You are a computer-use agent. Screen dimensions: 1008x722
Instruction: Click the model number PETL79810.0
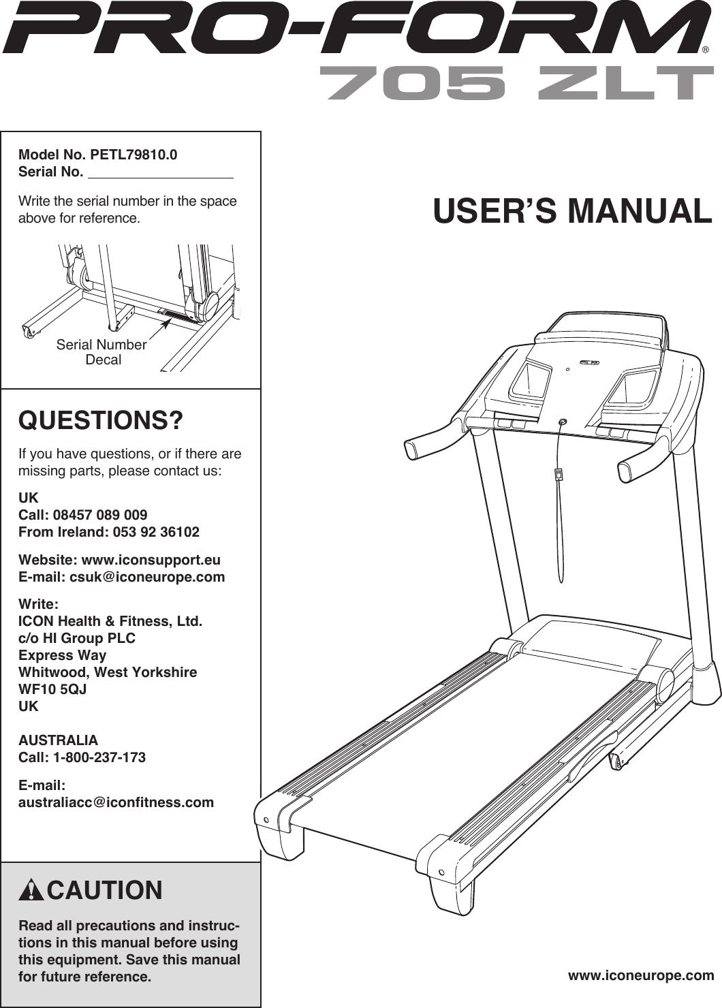tap(129, 155)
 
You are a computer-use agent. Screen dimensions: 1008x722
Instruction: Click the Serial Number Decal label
tap(101, 352)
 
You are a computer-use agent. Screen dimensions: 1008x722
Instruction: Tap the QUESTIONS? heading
tap(101, 420)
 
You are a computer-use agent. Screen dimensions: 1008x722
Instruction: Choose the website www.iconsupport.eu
tap(151, 560)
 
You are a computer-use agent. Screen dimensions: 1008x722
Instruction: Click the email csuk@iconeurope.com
tap(147, 577)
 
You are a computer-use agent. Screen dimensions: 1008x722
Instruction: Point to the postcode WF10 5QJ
tap(52, 689)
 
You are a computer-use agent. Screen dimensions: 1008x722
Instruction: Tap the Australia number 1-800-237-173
tap(104, 757)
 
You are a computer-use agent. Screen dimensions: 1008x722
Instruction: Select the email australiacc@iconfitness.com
tap(116, 802)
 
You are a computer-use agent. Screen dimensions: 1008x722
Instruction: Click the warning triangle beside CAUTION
tap(32, 891)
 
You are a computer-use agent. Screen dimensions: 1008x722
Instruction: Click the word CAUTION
tap(105, 891)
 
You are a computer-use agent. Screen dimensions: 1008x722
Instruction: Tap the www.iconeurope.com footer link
tap(641, 975)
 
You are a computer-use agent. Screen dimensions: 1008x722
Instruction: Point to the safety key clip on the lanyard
tap(558, 474)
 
